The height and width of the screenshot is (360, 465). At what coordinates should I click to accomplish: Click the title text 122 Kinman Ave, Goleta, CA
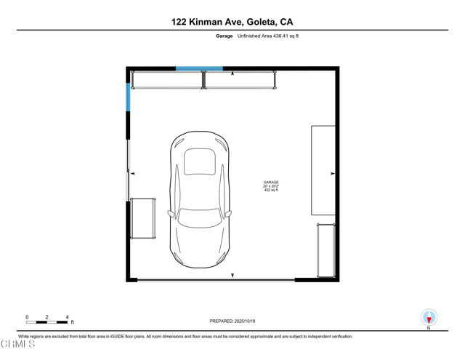pyautogui.click(x=232, y=22)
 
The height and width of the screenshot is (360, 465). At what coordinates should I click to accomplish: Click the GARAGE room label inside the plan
pyautogui.click(x=271, y=183)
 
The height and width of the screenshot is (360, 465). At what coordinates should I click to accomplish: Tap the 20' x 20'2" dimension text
pyautogui.click(x=271, y=186)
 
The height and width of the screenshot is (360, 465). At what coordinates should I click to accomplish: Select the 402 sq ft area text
pyautogui.click(x=271, y=191)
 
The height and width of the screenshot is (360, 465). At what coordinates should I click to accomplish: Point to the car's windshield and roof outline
pyautogui.click(x=199, y=161)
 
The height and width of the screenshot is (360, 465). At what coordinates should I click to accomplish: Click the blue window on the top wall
pyautogui.click(x=199, y=69)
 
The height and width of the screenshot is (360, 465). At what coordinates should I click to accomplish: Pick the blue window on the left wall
pyautogui.click(x=129, y=97)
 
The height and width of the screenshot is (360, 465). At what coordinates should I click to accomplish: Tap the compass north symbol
pyautogui.click(x=429, y=318)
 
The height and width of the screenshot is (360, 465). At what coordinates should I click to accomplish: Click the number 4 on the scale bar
pyautogui.click(x=67, y=317)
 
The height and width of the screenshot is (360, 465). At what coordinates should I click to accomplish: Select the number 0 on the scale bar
pyautogui.click(x=27, y=317)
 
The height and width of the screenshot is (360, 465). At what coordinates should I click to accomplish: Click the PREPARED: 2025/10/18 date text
pyautogui.click(x=232, y=321)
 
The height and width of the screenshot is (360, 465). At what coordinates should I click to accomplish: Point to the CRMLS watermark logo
pyautogui.click(x=17, y=343)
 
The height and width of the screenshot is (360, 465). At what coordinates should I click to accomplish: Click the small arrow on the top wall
pyautogui.click(x=232, y=73)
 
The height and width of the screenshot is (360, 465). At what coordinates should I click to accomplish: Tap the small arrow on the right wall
pyautogui.click(x=332, y=173)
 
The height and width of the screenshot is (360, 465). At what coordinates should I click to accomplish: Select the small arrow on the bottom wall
pyautogui.click(x=232, y=275)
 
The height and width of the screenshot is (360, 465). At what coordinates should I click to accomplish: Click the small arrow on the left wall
pyautogui.click(x=133, y=173)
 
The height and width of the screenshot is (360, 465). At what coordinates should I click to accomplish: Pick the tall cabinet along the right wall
pyautogui.click(x=323, y=170)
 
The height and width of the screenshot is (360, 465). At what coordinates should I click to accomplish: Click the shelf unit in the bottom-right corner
pyautogui.click(x=325, y=250)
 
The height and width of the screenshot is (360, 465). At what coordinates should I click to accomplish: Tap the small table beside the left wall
pyautogui.click(x=143, y=218)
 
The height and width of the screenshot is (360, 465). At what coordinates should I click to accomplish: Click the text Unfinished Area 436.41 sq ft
pyautogui.click(x=267, y=36)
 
